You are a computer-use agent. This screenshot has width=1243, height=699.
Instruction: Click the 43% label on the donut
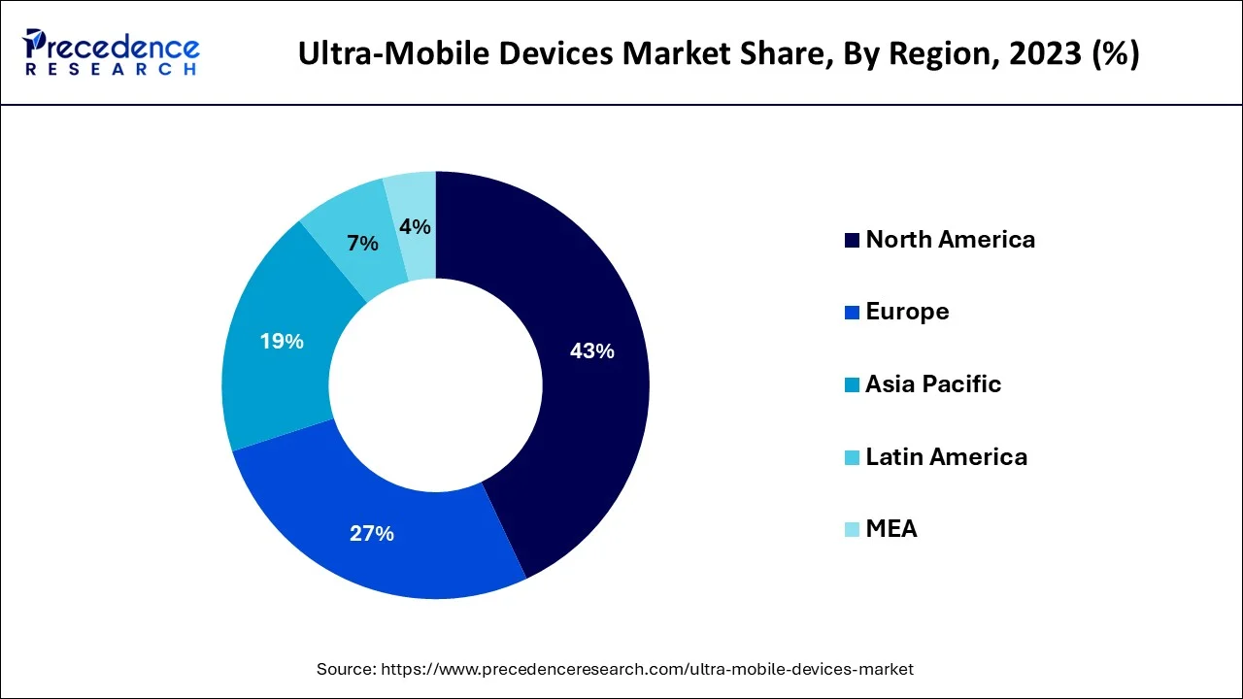point(591,351)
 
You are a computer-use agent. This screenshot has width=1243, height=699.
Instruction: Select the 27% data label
point(372,533)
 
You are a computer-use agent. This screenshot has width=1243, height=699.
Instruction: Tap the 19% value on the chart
point(282,342)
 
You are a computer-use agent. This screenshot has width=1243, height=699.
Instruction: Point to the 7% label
point(362,244)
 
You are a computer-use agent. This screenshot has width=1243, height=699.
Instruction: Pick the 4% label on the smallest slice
point(415,226)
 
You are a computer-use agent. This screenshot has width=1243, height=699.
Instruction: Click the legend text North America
point(950,240)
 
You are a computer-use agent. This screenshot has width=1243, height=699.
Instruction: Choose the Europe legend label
point(907,312)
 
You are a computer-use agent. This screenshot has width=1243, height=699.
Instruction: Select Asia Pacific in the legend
point(933,384)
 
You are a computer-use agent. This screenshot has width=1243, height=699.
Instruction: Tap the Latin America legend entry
point(946,456)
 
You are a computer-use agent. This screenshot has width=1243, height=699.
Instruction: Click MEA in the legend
point(890,529)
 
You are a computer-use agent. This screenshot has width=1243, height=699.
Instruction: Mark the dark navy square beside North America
point(852,241)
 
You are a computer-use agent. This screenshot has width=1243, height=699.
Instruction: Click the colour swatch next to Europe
point(852,313)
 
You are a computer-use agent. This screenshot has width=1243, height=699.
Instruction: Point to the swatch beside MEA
point(852,530)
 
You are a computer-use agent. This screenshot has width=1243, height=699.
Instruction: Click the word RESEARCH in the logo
point(112,70)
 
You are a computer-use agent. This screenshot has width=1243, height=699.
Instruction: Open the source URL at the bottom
point(647,669)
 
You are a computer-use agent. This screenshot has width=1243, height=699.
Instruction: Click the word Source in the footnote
point(346,669)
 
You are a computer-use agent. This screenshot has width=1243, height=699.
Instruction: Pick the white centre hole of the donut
point(435,384)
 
